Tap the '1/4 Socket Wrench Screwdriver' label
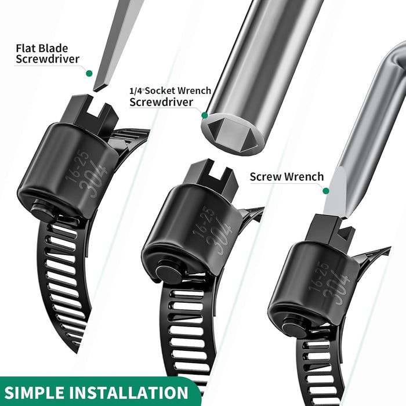tap(170, 96)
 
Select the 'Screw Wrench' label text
tap(287, 176)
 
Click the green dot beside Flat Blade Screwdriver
tap(89, 73)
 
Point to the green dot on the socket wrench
tap(204, 115)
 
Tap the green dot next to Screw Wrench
tap(326, 190)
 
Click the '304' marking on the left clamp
tap(96, 180)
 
